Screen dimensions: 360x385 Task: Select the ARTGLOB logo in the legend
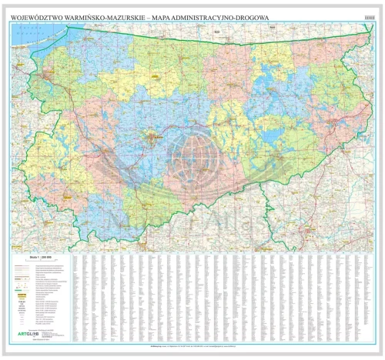[28, 332]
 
